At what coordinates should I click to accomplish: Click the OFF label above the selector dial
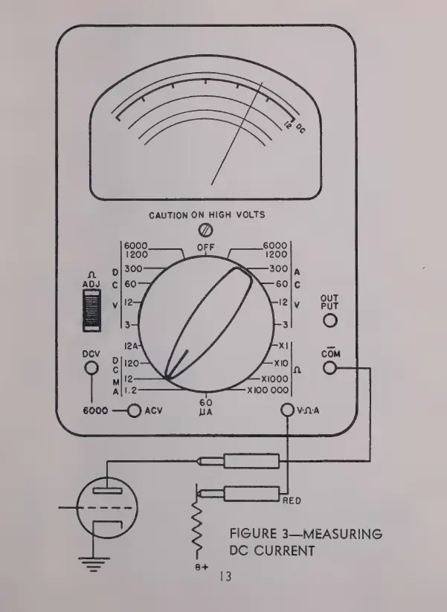(x=205, y=247)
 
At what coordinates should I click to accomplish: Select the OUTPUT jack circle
(x=329, y=321)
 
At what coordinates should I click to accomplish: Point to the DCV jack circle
(x=91, y=368)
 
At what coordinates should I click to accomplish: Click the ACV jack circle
(x=135, y=410)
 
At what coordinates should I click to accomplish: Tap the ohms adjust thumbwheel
(x=91, y=309)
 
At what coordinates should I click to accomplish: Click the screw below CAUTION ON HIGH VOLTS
(x=206, y=231)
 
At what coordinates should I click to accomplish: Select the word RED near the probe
(x=292, y=500)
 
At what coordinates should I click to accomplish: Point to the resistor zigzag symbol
(x=198, y=529)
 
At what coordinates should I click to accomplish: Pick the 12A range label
(x=132, y=347)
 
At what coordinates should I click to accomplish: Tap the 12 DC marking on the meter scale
(x=295, y=127)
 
